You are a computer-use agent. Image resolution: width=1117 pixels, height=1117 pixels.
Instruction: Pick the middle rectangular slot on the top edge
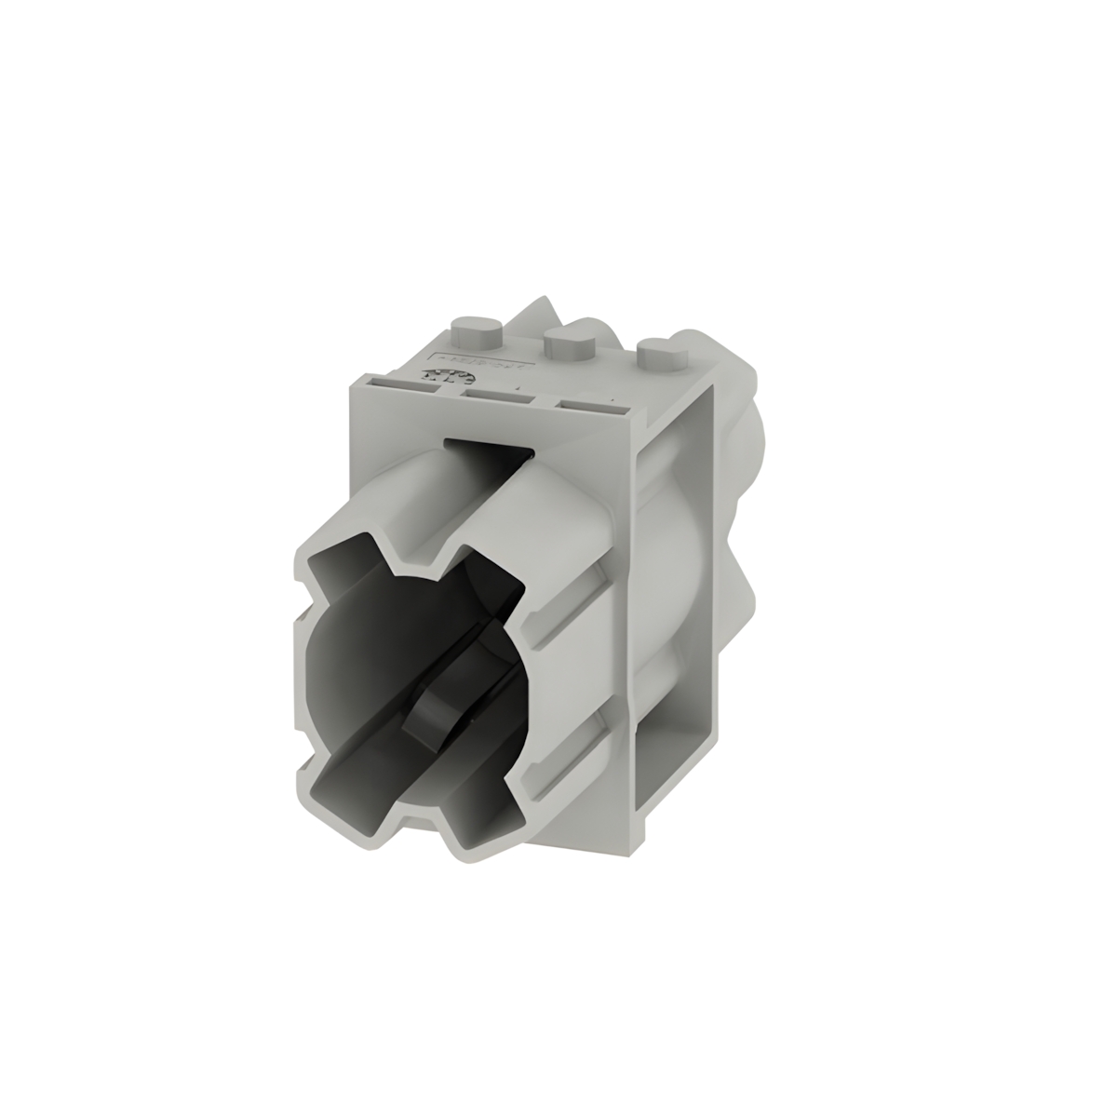(499, 397)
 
